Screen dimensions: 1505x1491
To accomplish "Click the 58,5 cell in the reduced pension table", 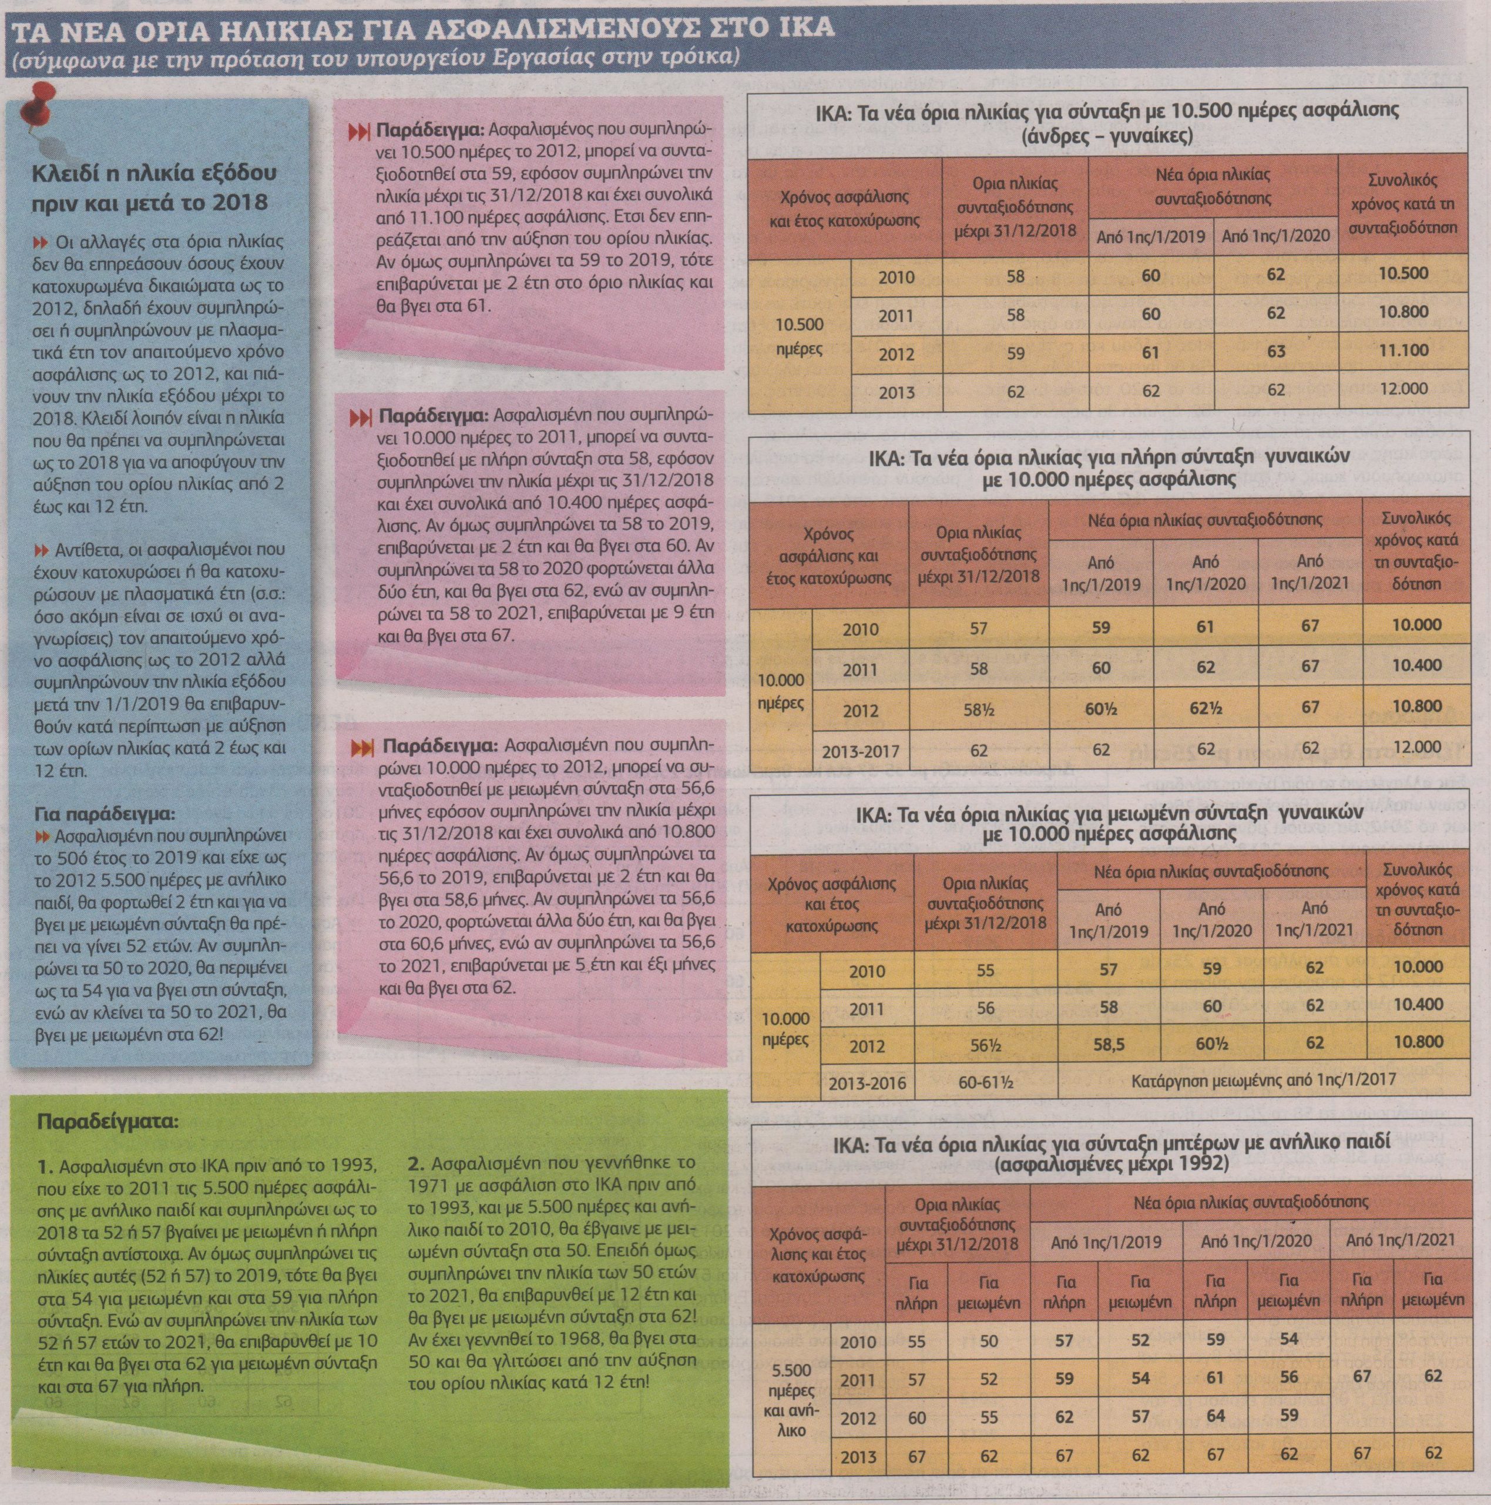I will [x=1109, y=1044].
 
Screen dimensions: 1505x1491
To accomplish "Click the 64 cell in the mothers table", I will [x=1215, y=1412].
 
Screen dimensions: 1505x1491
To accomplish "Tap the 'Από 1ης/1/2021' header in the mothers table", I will [x=1400, y=1240].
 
